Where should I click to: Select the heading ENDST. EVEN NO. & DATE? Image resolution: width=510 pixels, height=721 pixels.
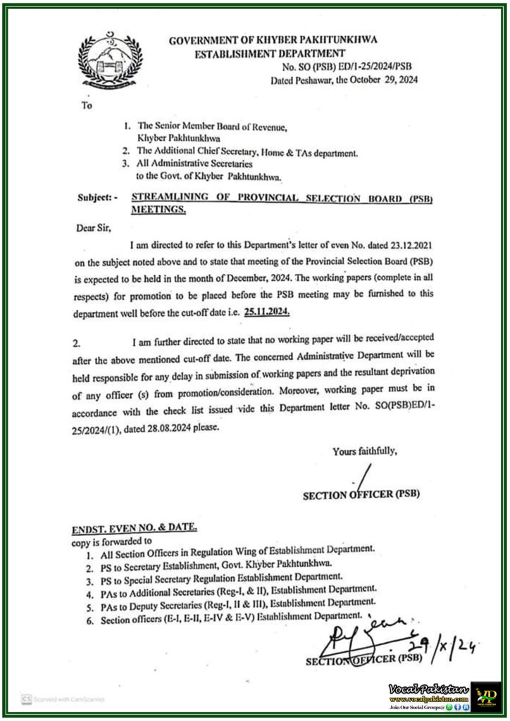pos(135,528)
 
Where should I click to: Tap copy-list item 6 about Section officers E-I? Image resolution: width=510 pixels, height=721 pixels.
pos(228,620)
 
